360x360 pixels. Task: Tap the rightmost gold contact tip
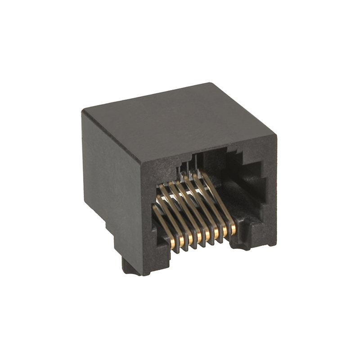pyautogui.click(x=233, y=230)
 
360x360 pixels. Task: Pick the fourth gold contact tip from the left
pyautogui.click(x=199, y=238)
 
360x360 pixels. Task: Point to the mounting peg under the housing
pyautogui.click(x=129, y=267)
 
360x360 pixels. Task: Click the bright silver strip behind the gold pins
pyautogui.click(x=189, y=194)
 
